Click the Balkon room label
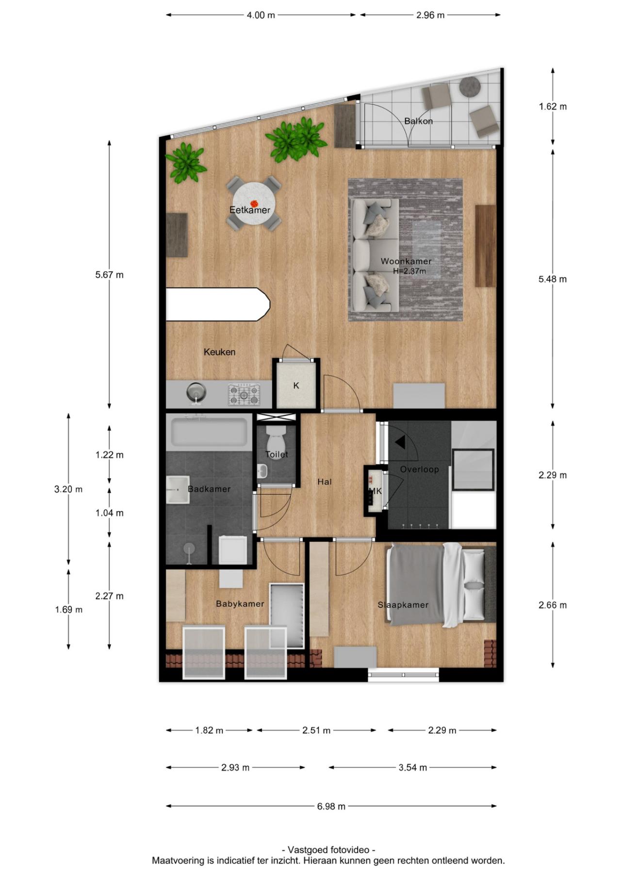[x=418, y=121]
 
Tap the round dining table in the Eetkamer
[x=253, y=203]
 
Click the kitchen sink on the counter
[x=196, y=392]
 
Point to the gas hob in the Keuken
[x=244, y=394]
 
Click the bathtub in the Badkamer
[x=209, y=432]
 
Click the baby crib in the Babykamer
[x=287, y=615]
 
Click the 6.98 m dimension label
[x=331, y=806]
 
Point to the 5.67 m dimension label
[x=110, y=275]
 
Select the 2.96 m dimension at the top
[x=430, y=15]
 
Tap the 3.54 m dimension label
[x=413, y=767]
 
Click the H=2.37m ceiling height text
[x=409, y=271]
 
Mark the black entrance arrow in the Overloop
[x=400, y=442]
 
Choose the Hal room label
[x=325, y=482]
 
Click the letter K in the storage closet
[x=296, y=386]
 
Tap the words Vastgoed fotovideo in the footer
[x=328, y=850]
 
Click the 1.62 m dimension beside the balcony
[x=553, y=107]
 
